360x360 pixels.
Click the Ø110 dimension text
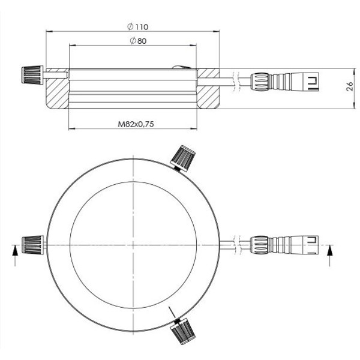click(137, 26)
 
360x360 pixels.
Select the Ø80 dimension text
click(138, 41)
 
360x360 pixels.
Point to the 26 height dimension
click(350, 88)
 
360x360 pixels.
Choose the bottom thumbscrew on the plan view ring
click(181, 331)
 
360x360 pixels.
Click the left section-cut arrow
click(16, 253)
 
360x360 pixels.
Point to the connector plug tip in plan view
click(312, 244)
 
